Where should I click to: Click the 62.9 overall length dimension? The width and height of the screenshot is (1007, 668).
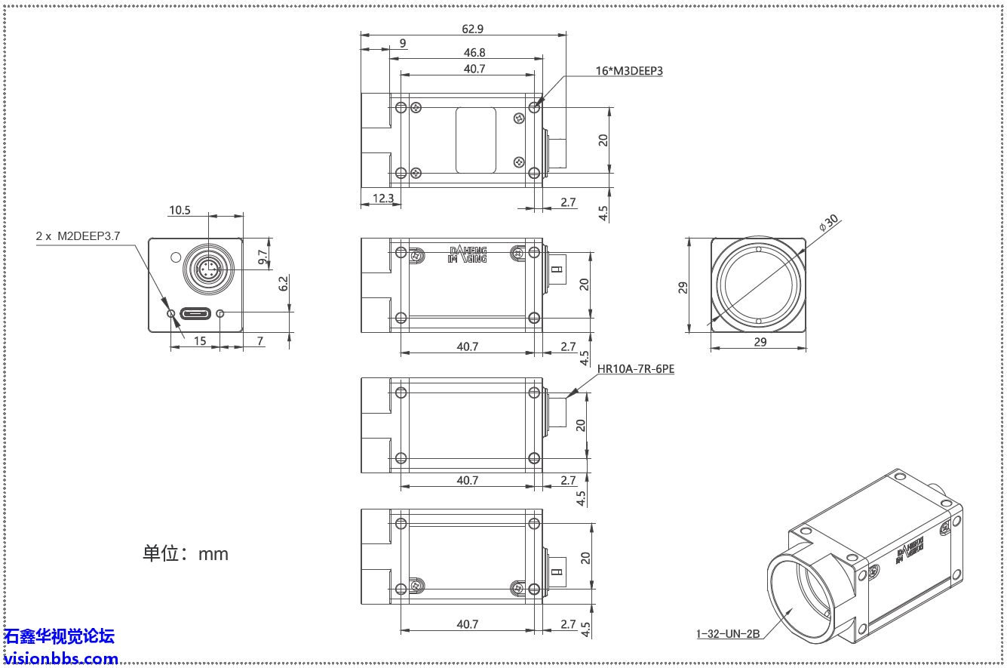coord(472,29)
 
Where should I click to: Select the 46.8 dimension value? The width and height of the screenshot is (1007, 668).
coord(474,52)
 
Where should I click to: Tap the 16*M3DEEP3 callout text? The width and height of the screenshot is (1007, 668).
coord(628,71)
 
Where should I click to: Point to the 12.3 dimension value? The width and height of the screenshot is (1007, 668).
coord(383,198)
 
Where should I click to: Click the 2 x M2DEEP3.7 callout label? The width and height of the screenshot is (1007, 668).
coord(78,236)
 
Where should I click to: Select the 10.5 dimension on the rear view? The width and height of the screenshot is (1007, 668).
coord(180,211)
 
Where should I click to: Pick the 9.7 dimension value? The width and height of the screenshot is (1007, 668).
coord(262,257)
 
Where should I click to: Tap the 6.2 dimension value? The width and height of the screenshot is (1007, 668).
coord(283,284)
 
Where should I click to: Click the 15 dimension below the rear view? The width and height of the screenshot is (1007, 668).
coord(200,341)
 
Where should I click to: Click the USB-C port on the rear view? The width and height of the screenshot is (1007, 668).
coord(195,313)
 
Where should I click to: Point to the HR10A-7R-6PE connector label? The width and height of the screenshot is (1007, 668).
coord(635,370)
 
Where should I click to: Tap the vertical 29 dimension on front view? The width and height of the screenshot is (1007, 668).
coord(683,287)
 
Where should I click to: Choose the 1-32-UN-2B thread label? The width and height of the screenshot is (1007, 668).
coord(727,634)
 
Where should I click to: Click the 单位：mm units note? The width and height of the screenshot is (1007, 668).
coord(186,553)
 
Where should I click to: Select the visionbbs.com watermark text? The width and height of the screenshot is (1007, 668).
coord(60,658)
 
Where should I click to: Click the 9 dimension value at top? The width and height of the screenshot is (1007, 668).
coord(403,43)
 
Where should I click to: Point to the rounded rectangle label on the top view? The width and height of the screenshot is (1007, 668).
coord(476,140)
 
